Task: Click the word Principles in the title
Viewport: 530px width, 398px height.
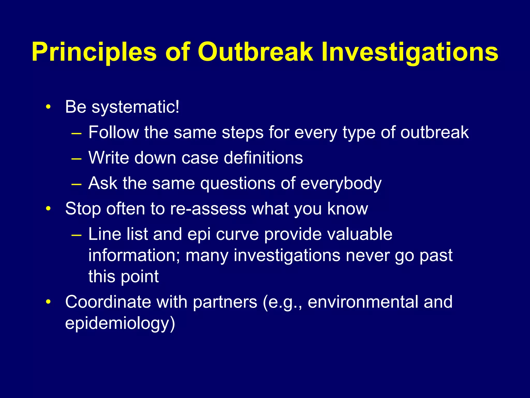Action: tap(94, 53)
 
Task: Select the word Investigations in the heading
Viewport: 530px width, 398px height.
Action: tap(410, 53)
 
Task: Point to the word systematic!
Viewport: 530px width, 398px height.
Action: tap(135, 107)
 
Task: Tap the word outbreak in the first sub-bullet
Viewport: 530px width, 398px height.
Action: tap(435, 133)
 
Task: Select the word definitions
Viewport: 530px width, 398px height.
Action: tap(263, 158)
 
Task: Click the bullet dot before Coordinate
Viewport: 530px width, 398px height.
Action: tap(48, 302)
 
